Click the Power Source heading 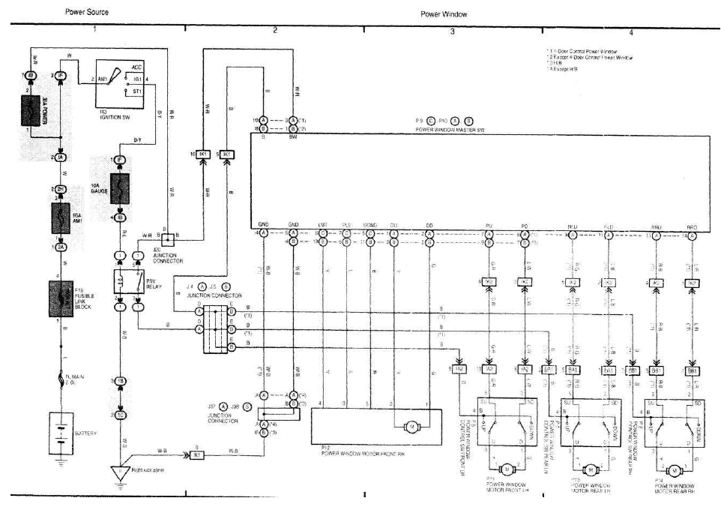[x=88, y=13]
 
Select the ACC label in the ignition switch [x=137, y=67]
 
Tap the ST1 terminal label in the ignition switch [x=138, y=91]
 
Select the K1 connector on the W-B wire [x=194, y=454]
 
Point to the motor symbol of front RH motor [x=411, y=427]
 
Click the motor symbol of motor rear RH [x=674, y=469]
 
